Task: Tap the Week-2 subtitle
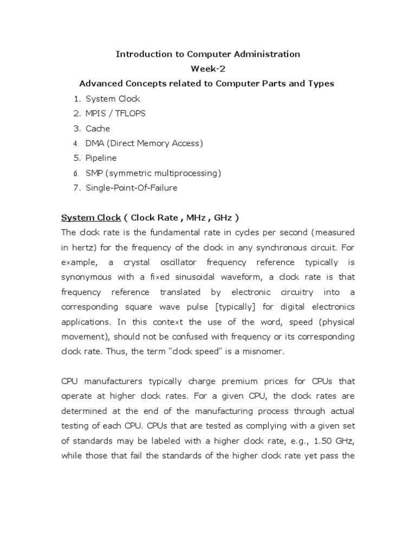point(207,69)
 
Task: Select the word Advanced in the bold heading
point(101,83)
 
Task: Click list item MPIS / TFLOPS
point(115,114)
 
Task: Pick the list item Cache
point(97,129)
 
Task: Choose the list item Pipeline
point(101,158)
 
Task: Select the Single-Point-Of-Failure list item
point(131,188)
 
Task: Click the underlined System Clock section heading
point(91,217)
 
